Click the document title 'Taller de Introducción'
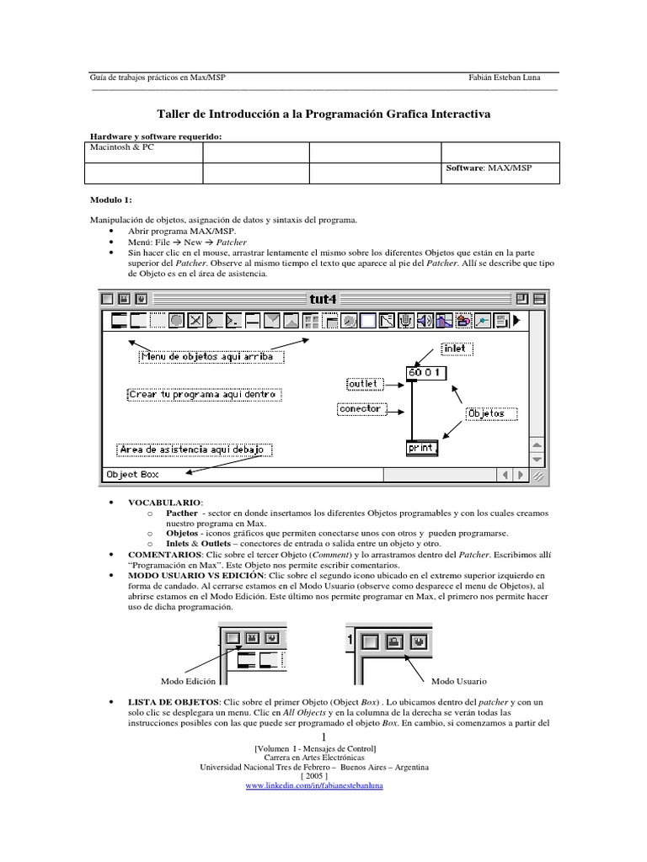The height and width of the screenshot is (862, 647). [323, 113]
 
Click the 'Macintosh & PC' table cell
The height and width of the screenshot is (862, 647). [122, 146]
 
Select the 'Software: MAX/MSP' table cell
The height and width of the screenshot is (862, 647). [489, 168]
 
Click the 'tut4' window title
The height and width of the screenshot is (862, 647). [323, 298]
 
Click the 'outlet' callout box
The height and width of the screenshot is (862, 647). [362, 384]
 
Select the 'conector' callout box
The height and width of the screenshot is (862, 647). [359, 409]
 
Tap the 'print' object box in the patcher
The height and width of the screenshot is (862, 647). [421, 448]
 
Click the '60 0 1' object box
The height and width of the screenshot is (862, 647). [425, 372]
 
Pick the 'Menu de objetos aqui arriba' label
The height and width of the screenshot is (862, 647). [211, 356]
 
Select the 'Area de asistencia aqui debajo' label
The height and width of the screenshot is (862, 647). [193, 450]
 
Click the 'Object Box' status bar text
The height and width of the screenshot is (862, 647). [132, 475]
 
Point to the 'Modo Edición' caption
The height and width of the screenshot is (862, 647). [188, 680]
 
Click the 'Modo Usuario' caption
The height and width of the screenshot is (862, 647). [459, 680]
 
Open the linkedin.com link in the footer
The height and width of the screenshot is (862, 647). [313, 785]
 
